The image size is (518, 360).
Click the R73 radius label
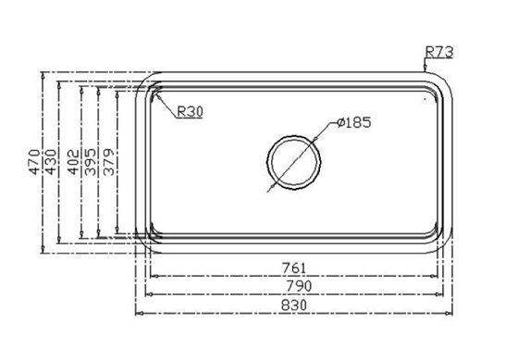click(x=439, y=52)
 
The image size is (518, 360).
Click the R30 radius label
click(x=190, y=112)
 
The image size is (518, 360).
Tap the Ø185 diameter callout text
click(x=353, y=122)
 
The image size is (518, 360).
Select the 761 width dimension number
click(x=294, y=267)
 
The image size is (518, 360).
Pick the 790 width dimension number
click(x=299, y=286)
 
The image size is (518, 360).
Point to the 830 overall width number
click(x=294, y=304)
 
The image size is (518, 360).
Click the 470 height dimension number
click(x=35, y=162)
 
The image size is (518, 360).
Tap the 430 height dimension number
click(x=51, y=162)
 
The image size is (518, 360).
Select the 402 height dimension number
click(x=73, y=162)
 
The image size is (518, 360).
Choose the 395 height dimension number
click(x=91, y=162)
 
